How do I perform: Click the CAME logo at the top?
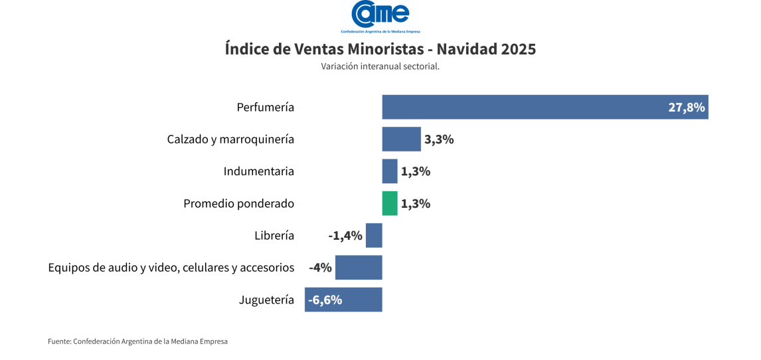[x=380, y=17]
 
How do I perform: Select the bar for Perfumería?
[x=545, y=107]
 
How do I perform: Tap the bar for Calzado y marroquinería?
[x=401, y=139]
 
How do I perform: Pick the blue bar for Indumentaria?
[x=390, y=171]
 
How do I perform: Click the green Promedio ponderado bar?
[x=390, y=203]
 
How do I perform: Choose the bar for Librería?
[x=374, y=235]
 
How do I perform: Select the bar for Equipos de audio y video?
[x=359, y=267]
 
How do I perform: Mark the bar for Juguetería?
[x=343, y=300]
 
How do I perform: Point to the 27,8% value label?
[x=686, y=108]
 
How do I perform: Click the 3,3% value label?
[x=439, y=139]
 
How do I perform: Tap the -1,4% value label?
[x=345, y=236]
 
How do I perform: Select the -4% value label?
[x=320, y=268]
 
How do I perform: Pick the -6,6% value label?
[x=325, y=300]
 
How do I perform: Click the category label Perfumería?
[x=266, y=107]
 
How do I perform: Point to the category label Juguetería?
[x=266, y=300]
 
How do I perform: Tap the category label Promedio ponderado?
[x=239, y=204]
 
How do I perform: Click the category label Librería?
[x=274, y=236]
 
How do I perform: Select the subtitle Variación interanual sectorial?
[x=380, y=66]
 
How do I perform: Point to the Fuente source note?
[x=137, y=341]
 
